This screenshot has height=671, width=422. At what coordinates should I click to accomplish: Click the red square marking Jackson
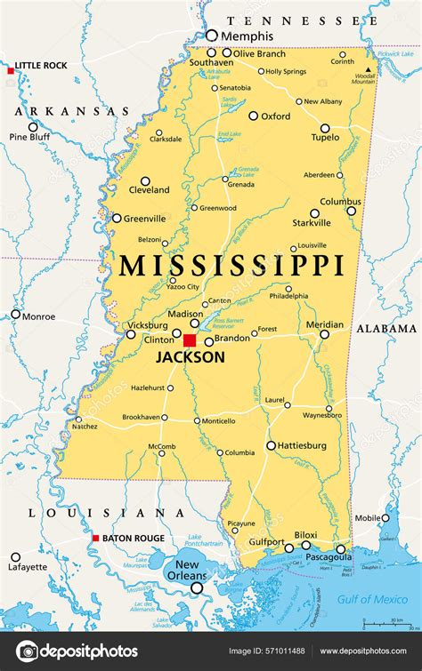pyautogui.click(x=190, y=340)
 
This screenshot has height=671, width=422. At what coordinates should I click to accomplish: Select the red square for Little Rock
pyautogui.click(x=11, y=69)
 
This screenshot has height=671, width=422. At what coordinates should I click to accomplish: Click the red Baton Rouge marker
pyautogui.click(x=96, y=539)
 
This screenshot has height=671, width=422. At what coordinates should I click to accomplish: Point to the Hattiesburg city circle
pyautogui.click(x=272, y=445)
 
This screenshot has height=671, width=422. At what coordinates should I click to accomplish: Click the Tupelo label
pyautogui.click(x=325, y=138)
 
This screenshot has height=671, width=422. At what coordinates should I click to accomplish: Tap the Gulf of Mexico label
pyautogui.click(x=373, y=600)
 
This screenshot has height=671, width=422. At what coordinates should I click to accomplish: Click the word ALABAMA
pyautogui.click(x=386, y=328)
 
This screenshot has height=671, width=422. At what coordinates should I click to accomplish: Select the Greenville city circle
pyautogui.click(x=117, y=218)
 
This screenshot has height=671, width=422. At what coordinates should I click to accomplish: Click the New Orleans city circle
pyautogui.click(x=197, y=587)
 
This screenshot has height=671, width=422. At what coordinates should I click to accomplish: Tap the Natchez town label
pyautogui.click(x=85, y=427)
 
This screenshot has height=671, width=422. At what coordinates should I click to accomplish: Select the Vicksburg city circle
pyautogui.click(x=131, y=334)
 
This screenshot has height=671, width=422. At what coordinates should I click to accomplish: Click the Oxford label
pyautogui.click(x=275, y=116)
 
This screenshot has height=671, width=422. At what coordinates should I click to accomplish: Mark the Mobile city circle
pyautogui.click(x=385, y=518)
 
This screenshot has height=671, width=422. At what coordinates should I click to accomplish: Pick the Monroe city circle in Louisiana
pyautogui.click(x=15, y=314)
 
